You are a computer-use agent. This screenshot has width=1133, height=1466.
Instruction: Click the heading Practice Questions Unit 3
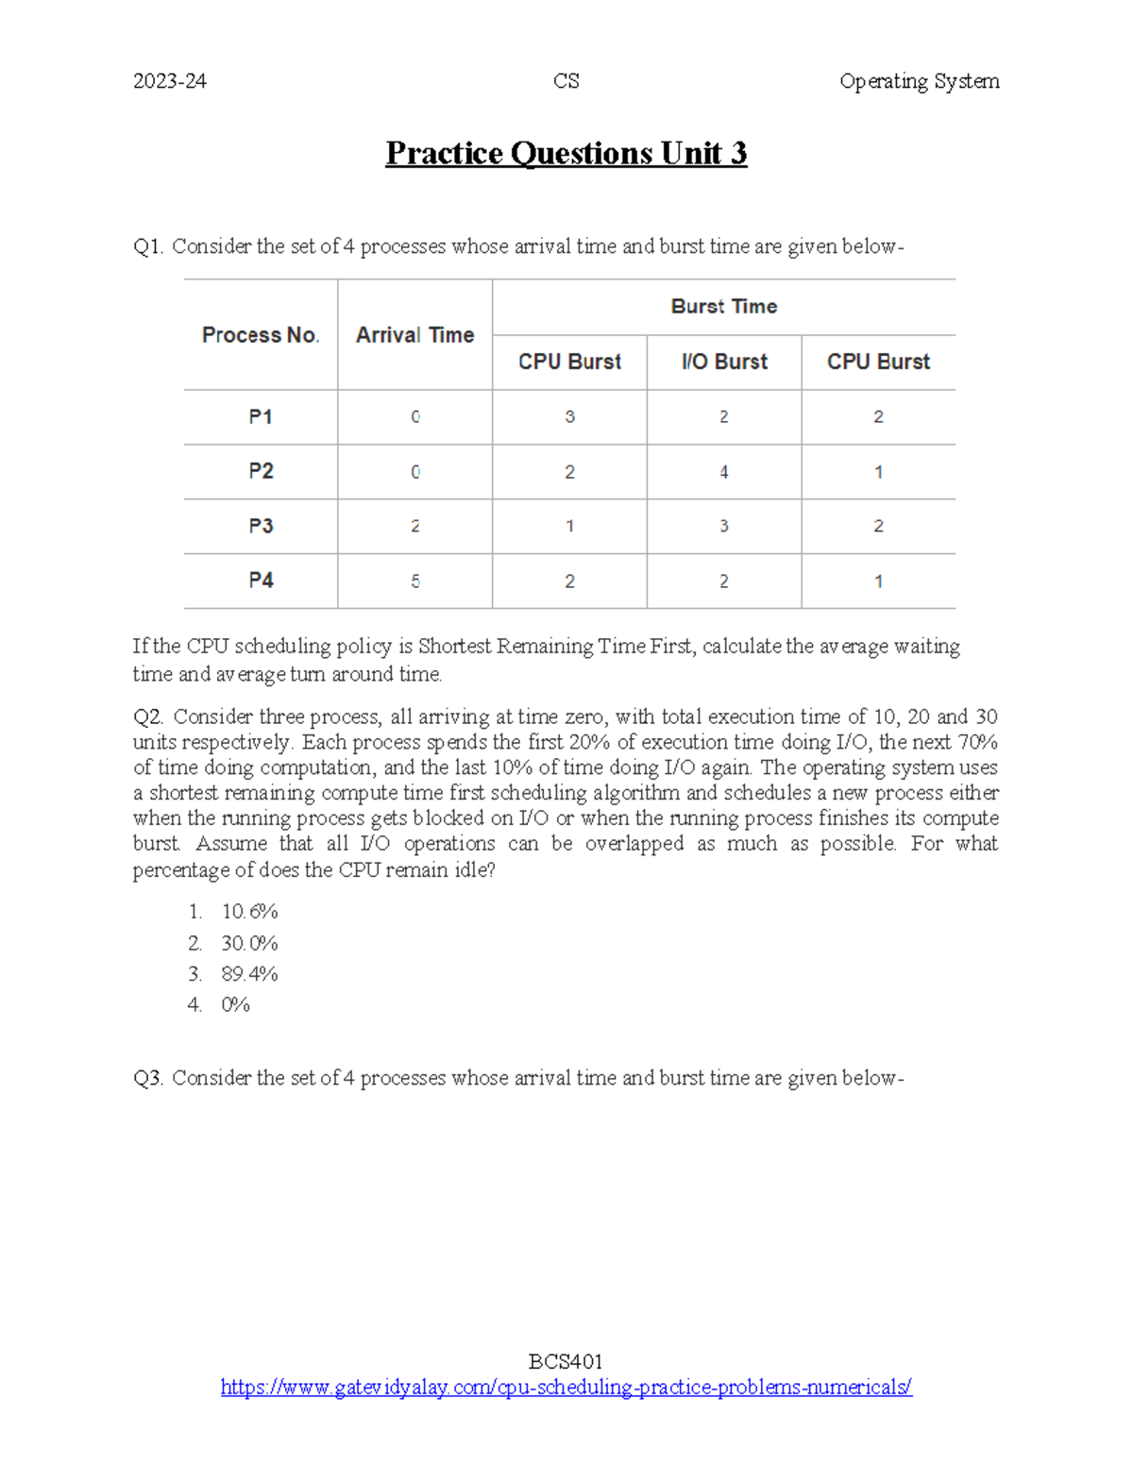(x=566, y=153)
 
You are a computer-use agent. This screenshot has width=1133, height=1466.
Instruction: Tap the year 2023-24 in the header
(x=170, y=81)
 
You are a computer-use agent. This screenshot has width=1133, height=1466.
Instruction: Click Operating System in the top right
(x=919, y=81)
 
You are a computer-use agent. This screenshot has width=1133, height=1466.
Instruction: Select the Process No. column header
(x=261, y=335)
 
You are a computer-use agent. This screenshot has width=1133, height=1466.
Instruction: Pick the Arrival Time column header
(x=414, y=335)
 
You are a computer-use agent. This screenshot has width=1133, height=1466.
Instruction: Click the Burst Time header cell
(x=724, y=306)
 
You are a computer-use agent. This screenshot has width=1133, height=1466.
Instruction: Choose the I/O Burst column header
(x=724, y=362)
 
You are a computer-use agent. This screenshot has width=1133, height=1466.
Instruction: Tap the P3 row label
(x=261, y=526)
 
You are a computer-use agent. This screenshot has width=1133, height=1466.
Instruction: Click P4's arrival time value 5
(x=415, y=581)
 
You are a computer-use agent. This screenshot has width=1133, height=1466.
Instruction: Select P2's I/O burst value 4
(x=724, y=472)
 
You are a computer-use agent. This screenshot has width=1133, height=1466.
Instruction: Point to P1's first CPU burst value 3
(x=569, y=416)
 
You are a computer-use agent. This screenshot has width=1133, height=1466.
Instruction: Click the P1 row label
(x=261, y=416)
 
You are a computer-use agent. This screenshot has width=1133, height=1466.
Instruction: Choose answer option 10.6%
(x=249, y=912)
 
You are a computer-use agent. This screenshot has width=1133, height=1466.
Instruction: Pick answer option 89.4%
(x=249, y=974)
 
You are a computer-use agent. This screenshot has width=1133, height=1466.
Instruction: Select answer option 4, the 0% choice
(x=235, y=1005)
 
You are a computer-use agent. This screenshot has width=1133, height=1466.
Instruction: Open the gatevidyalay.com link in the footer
(x=566, y=1388)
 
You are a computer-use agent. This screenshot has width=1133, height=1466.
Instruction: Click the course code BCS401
(x=566, y=1361)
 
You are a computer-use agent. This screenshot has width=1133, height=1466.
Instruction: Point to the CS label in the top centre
(x=566, y=81)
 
